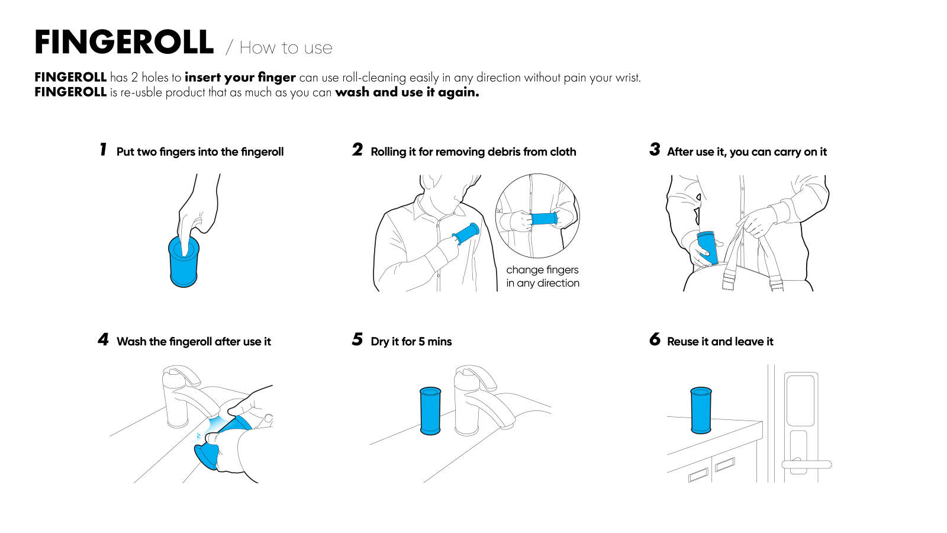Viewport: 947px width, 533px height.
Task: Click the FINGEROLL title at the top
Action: pyautogui.click(x=124, y=43)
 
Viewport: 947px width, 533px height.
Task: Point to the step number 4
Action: pyautogui.click(x=104, y=339)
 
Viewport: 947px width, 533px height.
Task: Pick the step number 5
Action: pyautogui.click(x=357, y=339)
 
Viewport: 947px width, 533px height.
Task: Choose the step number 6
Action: pyautogui.click(x=654, y=339)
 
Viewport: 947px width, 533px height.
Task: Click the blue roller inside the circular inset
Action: pyautogui.click(x=543, y=219)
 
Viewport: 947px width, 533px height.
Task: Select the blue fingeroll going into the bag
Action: pyautogui.click(x=708, y=248)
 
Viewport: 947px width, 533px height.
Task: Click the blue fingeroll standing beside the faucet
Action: pyautogui.click(x=430, y=411)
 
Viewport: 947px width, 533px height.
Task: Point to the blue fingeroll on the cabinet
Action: pyautogui.click(x=701, y=410)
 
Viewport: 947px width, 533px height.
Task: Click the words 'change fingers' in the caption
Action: pyautogui.click(x=542, y=270)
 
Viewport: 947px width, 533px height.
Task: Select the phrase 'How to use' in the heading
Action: pyautogui.click(x=286, y=48)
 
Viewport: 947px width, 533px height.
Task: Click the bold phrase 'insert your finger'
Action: pyautogui.click(x=240, y=78)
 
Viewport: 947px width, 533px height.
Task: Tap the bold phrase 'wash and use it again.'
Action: pyautogui.click(x=407, y=92)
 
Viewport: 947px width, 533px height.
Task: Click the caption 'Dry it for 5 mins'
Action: pyautogui.click(x=411, y=342)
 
